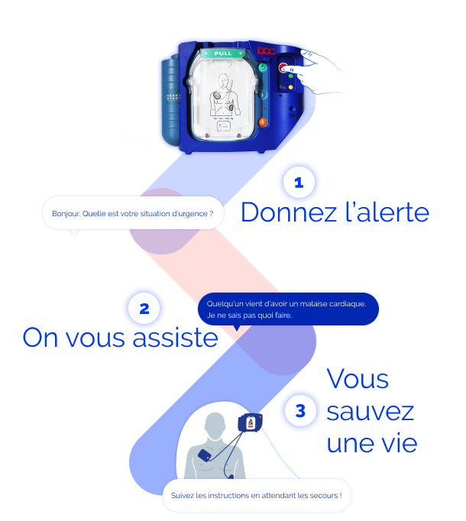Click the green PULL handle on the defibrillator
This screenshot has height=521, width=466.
[x=223, y=53]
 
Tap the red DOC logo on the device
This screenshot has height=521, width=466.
[x=267, y=51]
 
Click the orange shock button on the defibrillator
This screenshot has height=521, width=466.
[x=263, y=122]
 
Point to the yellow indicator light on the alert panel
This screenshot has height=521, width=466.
[x=291, y=87]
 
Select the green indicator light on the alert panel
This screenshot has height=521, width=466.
[x=291, y=76]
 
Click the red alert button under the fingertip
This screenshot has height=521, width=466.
[x=283, y=68]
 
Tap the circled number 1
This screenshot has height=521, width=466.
[x=299, y=183]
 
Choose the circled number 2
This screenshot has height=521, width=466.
[x=144, y=309]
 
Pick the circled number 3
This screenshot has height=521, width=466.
[x=300, y=411]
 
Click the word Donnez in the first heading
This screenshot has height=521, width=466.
[x=289, y=212]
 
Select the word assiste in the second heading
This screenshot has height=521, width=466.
[x=175, y=337]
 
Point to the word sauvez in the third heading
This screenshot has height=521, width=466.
[x=370, y=413]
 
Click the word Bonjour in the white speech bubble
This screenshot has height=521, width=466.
[x=66, y=214]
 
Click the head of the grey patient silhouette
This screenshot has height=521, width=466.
[x=215, y=425]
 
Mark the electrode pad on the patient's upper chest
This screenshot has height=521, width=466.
[x=204, y=455]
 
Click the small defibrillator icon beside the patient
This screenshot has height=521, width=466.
[x=251, y=422]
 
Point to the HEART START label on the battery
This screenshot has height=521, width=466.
[x=173, y=97]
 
